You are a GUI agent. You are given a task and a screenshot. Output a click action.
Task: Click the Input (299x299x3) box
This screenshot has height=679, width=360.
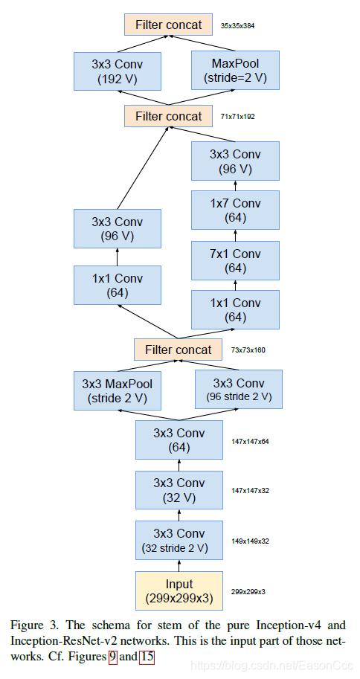[x=179, y=590]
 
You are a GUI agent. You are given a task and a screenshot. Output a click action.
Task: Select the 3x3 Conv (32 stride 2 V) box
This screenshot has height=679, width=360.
[x=179, y=541]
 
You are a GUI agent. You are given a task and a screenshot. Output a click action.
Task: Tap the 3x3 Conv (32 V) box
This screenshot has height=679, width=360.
[x=179, y=490]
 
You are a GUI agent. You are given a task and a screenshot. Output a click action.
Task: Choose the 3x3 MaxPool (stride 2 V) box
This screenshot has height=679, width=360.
[x=118, y=390]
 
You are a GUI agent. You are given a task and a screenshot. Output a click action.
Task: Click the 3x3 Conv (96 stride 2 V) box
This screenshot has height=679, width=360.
[x=238, y=390]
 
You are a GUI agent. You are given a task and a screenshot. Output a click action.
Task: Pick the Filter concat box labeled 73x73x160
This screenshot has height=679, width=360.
[x=178, y=350]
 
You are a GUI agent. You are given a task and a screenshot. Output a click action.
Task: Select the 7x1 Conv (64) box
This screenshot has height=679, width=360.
[x=235, y=261]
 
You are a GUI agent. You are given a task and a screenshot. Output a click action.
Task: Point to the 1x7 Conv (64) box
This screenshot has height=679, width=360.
[x=235, y=210]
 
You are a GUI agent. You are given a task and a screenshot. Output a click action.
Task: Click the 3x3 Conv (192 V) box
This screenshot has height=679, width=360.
[x=118, y=71]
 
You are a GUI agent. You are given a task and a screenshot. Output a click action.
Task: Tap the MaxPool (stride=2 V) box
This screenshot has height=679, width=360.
[x=235, y=71]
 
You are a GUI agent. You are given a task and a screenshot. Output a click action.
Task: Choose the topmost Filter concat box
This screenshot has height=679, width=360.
[x=168, y=25]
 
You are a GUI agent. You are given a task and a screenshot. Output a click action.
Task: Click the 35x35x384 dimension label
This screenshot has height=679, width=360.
[x=238, y=25]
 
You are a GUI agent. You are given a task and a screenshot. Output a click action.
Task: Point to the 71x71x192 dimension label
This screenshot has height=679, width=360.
[x=238, y=117]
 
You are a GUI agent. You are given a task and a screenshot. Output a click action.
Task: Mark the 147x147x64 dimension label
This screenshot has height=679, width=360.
[x=250, y=441]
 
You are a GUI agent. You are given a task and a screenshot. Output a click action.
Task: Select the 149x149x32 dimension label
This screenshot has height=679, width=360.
[x=250, y=541]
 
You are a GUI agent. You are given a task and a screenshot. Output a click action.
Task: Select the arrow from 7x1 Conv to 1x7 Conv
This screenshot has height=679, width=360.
[x=235, y=236]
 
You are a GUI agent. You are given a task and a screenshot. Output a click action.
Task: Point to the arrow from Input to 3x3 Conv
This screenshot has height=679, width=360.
[x=179, y=565]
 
